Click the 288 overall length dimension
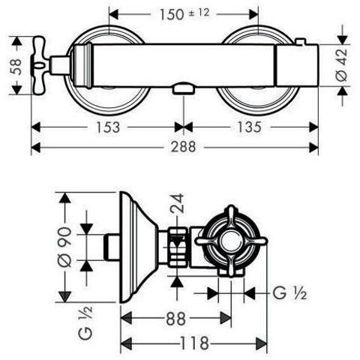[183, 147]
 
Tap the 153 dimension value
[108, 127]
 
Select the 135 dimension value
[249, 127]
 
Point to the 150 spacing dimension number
[172, 14]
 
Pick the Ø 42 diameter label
[342, 64]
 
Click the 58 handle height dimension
[16, 67]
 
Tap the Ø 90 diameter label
[65, 247]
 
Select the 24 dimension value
[177, 203]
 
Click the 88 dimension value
[176, 319]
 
